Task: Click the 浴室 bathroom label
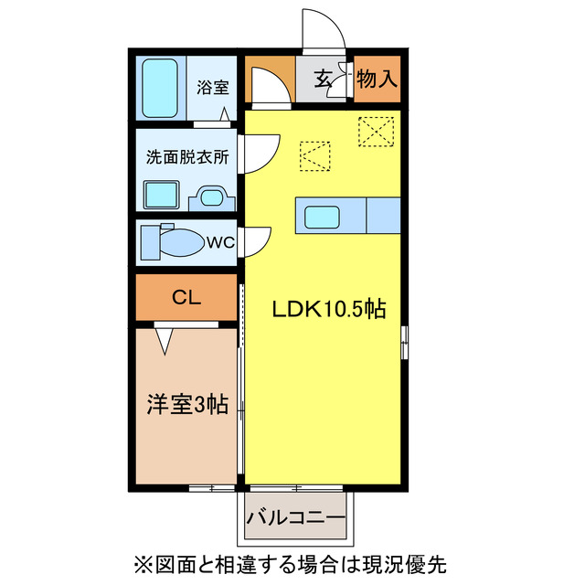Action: pos(213,89)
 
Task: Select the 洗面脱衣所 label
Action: pos(187,156)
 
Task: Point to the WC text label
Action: pos(221,242)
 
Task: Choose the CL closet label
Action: pos(186,298)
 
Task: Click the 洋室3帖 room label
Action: pos(187,403)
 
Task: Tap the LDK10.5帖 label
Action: pos(328,309)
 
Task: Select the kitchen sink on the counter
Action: pos(323,217)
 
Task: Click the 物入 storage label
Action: pos(377,80)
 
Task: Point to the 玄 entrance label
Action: pos(324,80)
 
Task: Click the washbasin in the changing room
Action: pos(214,196)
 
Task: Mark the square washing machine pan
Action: pos(164,194)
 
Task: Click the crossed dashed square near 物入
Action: pos(377,130)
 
